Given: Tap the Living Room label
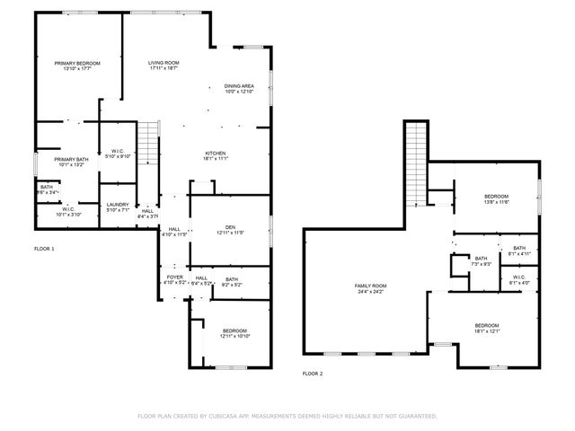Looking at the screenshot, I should tap(164, 66).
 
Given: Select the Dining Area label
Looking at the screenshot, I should tap(239, 89).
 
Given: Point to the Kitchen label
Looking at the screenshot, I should tap(215, 155).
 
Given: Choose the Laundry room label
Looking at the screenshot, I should tap(119, 207).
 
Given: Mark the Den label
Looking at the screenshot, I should tap(230, 229).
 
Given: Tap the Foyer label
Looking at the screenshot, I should tap(174, 280).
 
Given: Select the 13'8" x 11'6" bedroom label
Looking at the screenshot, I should tap(497, 199).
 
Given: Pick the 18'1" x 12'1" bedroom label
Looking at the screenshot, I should tap(487, 328).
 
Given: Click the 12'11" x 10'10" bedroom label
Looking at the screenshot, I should tap(230, 332).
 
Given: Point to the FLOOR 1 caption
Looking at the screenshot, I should tap(44, 248).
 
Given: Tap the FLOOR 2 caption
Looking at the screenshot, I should tap(312, 373).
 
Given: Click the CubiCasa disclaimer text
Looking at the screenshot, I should tap(287, 416).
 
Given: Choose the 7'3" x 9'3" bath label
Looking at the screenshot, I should tap(481, 261).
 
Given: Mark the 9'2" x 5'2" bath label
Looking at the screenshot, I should tap(232, 282).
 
